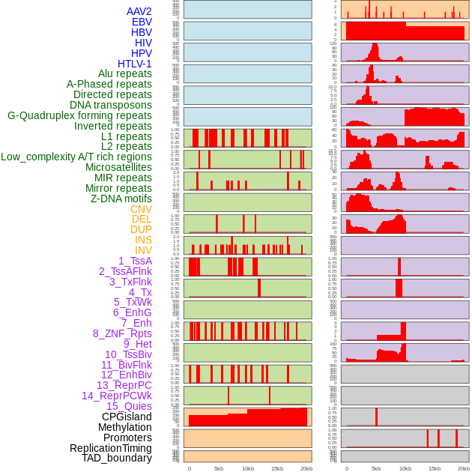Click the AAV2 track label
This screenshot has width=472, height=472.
(x=139, y=11)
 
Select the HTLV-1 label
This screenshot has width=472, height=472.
(x=135, y=64)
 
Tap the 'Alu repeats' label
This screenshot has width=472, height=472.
(x=125, y=73)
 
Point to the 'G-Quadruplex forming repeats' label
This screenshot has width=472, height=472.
(x=80, y=115)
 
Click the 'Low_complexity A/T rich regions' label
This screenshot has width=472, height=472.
(x=76, y=157)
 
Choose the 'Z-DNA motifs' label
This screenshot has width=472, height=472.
(x=121, y=199)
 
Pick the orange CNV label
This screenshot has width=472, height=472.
(x=141, y=209)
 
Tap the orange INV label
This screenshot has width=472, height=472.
(x=143, y=250)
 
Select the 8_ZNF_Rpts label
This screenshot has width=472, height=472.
(x=122, y=333)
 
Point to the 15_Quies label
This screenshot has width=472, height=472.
(x=128, y=406)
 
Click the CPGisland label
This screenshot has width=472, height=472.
(x=127, y=417)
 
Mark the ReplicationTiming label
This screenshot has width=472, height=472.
(x=110, y=448)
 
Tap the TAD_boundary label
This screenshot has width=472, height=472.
(x=117, y=458)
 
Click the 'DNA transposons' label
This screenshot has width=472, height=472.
(x=111, y=105)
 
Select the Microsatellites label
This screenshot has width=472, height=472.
(x=118, y=167)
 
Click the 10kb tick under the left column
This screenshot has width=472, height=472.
(x=248, y=468)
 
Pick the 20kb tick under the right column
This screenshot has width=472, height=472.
(x=464, y=468)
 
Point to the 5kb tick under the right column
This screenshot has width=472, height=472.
(x=376, y=468)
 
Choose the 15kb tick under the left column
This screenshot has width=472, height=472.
(x=277, y=468)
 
